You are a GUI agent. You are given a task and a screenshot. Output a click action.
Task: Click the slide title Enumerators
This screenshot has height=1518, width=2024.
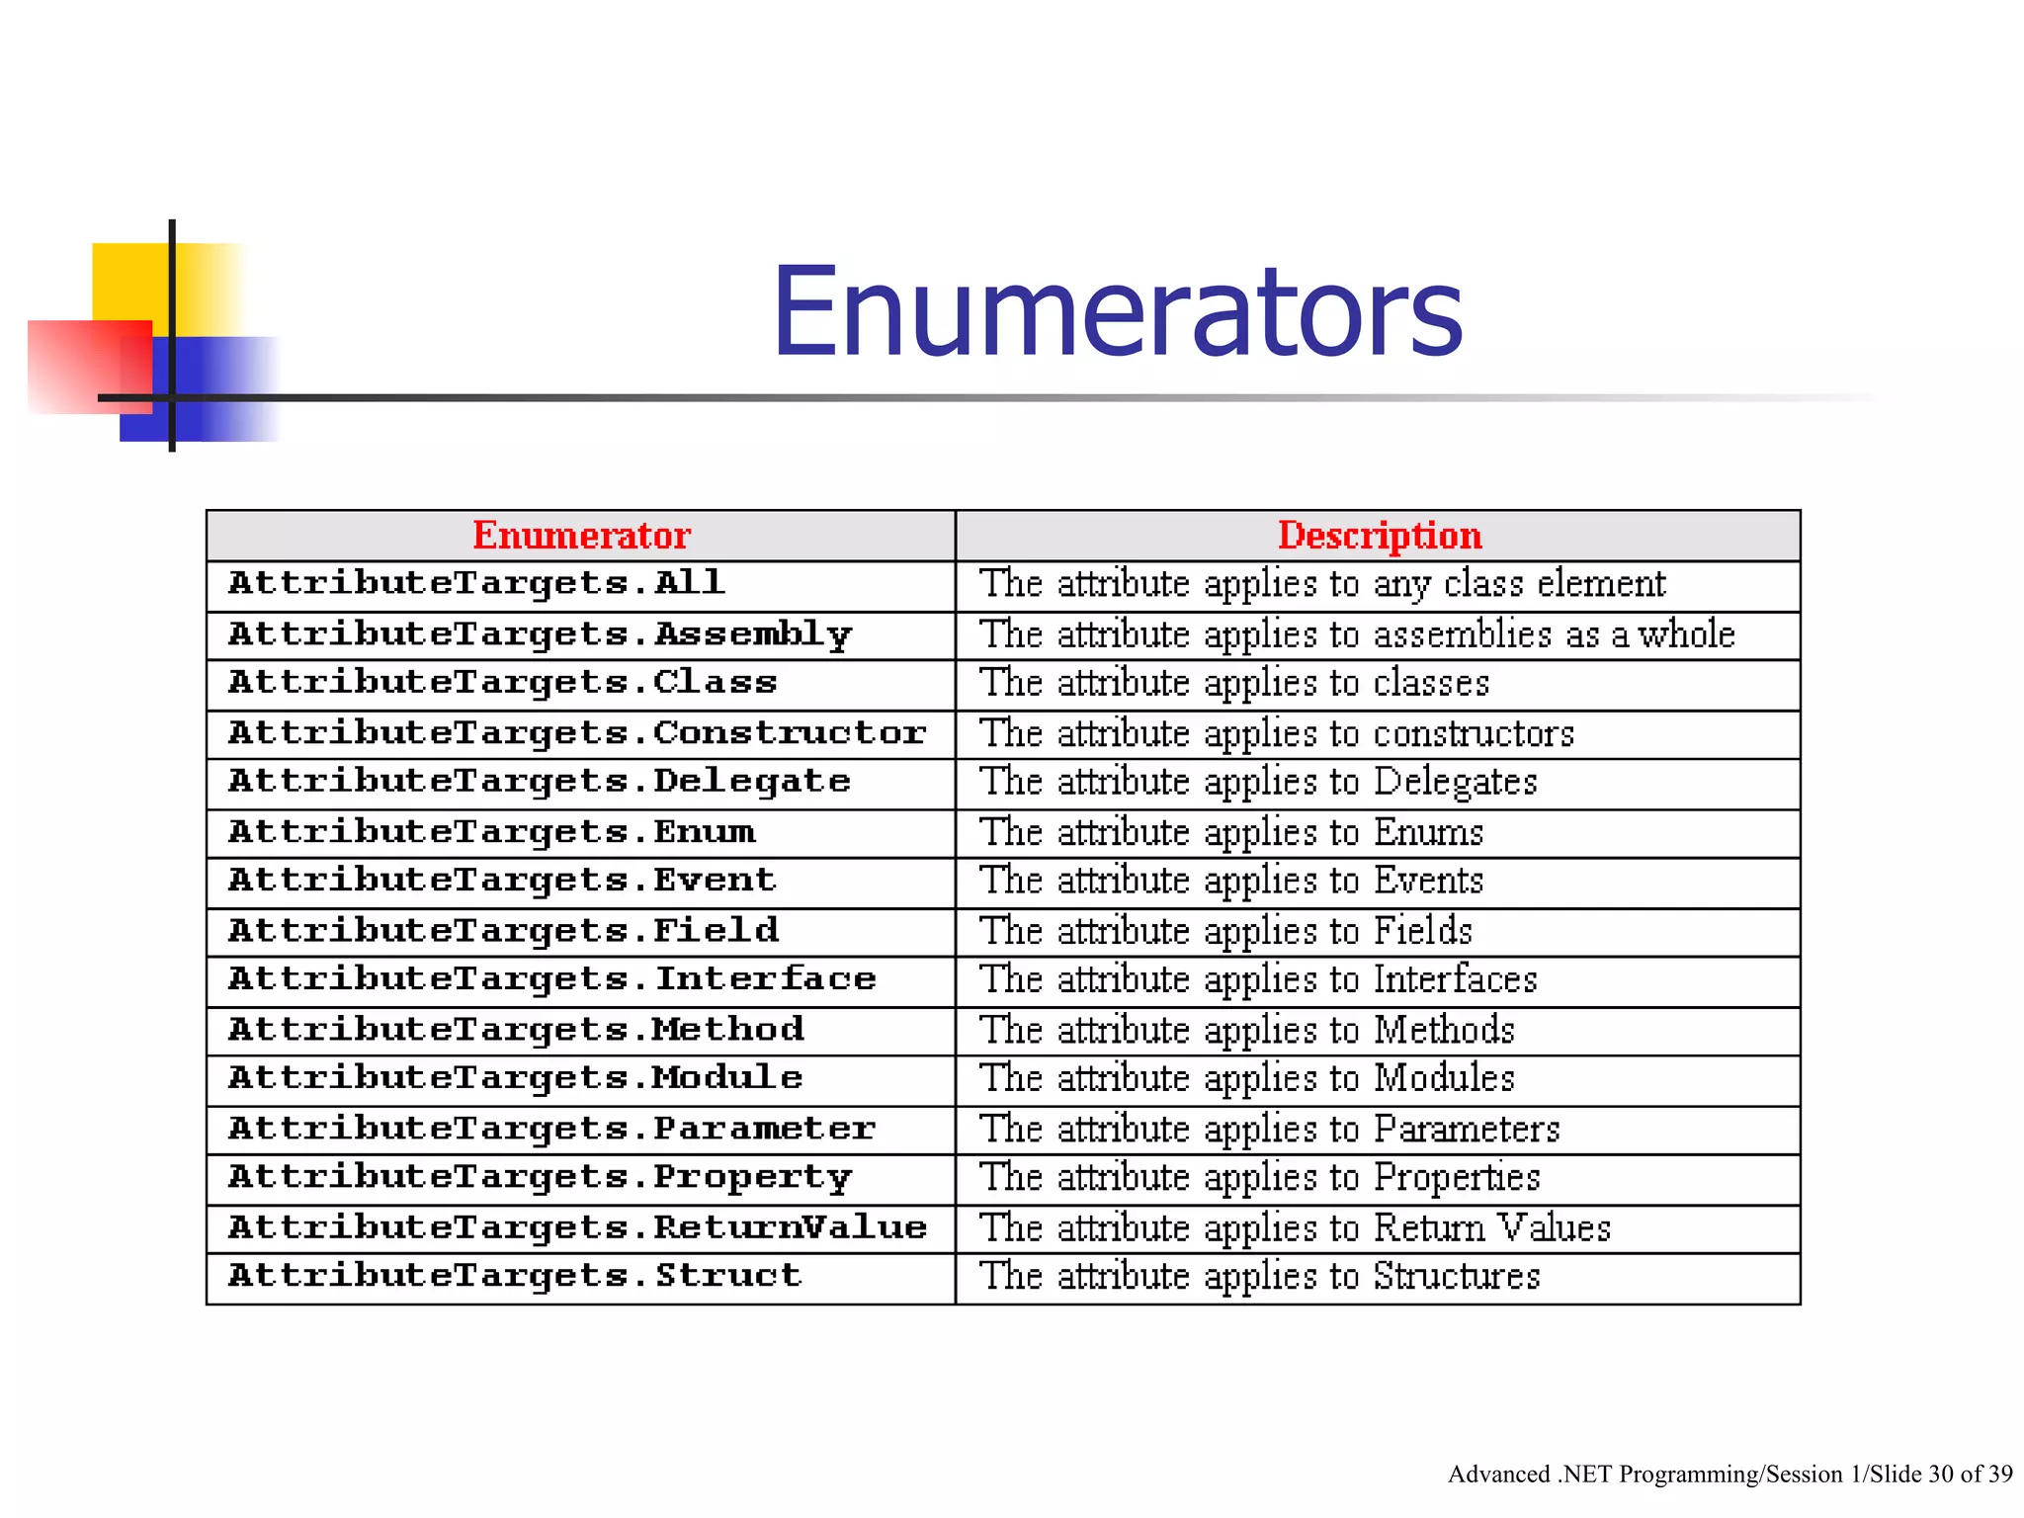point(1117,312)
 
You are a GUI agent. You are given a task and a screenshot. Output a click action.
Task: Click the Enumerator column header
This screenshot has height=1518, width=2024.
point(581,536)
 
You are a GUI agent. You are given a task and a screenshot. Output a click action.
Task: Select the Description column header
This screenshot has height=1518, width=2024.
point(1380,536)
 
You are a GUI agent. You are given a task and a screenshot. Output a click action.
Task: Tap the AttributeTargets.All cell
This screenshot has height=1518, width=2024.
point(476,583)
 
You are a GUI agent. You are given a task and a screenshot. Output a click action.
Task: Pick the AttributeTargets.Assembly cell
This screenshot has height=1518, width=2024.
point(540,634)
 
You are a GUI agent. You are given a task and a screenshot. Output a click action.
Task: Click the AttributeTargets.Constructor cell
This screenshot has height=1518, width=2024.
point(577,733)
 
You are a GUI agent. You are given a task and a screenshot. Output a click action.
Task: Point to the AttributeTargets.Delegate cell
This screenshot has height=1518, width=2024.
point(539,782)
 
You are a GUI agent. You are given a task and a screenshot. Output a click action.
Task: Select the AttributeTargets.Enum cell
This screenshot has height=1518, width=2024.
point(491,832)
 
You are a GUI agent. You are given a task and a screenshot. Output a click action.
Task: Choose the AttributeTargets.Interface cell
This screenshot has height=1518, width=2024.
point(551,979)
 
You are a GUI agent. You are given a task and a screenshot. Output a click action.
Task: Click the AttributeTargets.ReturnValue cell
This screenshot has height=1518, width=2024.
point(577,1227)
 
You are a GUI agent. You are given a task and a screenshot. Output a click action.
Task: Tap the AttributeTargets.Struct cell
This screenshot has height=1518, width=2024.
point(514,1276)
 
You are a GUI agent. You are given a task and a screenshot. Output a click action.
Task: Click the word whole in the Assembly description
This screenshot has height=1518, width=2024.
point(1686,634)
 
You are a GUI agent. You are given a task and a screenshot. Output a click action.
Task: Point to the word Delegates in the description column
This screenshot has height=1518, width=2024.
point(1456,783)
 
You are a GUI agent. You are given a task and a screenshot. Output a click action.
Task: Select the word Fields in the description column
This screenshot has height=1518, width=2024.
point(1423,931)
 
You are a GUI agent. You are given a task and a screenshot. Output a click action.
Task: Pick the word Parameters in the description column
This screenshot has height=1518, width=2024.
point(1467,1129)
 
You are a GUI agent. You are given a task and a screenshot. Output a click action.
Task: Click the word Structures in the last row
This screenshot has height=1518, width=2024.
point(1457,1276)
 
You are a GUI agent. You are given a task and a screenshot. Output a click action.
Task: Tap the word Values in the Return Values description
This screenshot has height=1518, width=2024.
point(1555,1227)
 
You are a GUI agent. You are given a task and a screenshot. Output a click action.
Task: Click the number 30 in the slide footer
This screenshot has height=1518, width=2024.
point(1941,1475)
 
